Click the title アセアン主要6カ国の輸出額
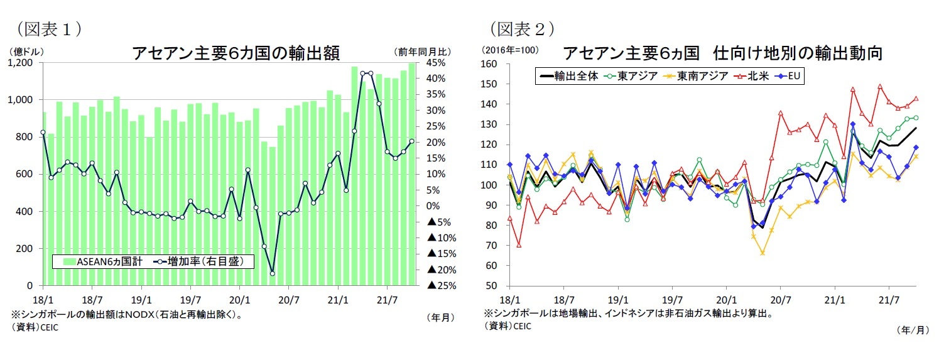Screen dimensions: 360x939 (x=236, y=53)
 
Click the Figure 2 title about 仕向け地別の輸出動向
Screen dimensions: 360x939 (x=722, y=53)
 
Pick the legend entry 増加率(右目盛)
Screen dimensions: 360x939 (x=201, y=261)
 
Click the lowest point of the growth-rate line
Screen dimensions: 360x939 (x=272, y=273)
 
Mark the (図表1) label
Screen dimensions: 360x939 (x=50, y=28)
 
